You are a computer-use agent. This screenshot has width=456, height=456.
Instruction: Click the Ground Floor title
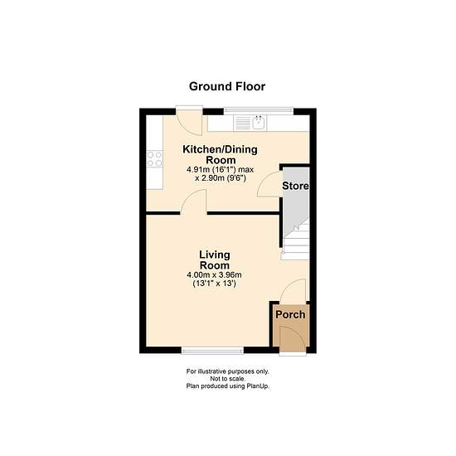[x=227, y=86]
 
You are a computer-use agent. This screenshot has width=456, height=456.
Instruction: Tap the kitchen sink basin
[x=259, y=123]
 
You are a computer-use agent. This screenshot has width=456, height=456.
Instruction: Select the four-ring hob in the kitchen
[x=154, y=159]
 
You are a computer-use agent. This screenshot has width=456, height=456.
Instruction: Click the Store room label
[x=295, y=186]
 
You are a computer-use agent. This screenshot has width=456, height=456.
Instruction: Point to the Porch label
[x=290, y=315]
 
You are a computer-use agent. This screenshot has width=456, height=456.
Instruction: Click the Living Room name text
[x=215, y=260]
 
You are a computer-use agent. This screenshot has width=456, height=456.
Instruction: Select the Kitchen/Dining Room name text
[x=220, y=155]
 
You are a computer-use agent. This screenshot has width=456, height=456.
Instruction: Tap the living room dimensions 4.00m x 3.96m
[x=214, y=274]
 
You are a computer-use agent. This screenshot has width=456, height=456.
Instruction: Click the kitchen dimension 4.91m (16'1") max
[x=221, y=169]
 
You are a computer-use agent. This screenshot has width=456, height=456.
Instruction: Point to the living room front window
[x=212, y=351]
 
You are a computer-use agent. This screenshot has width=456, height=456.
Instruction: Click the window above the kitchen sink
[x=259, y=111]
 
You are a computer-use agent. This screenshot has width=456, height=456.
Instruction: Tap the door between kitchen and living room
[x=194, y=201]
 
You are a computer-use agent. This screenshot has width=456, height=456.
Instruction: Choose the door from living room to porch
[x=293, y=290]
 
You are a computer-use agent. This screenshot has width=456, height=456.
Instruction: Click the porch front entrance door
[x=293, y=339]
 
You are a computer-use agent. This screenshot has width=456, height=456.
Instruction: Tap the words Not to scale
[x=228, y=379]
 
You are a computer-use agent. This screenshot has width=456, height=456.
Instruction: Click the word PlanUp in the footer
[x=258, y=386]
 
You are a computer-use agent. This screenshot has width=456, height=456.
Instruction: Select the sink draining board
[x=242, y=123]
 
